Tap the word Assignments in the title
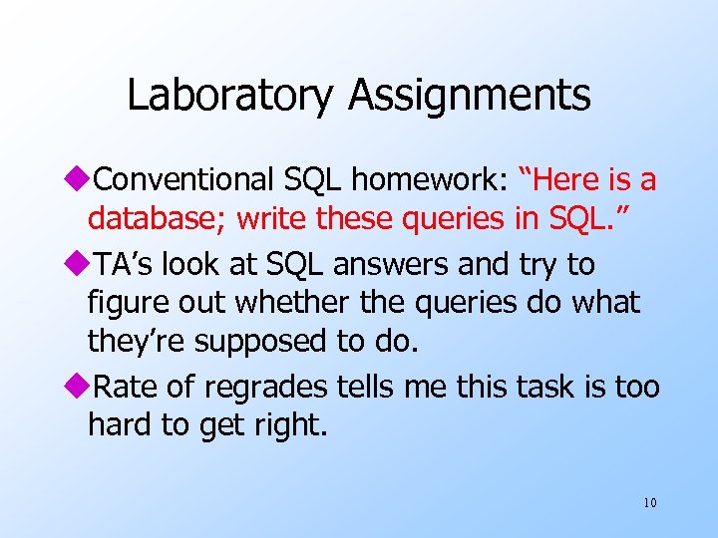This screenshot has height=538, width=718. (x=470, y=96)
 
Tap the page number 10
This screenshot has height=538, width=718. (x=649, y=502)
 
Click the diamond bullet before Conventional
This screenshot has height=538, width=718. (x=80, y=180)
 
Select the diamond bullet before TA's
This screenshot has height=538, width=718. (x=80, y=265)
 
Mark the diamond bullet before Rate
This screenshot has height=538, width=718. (x=80, y=386)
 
